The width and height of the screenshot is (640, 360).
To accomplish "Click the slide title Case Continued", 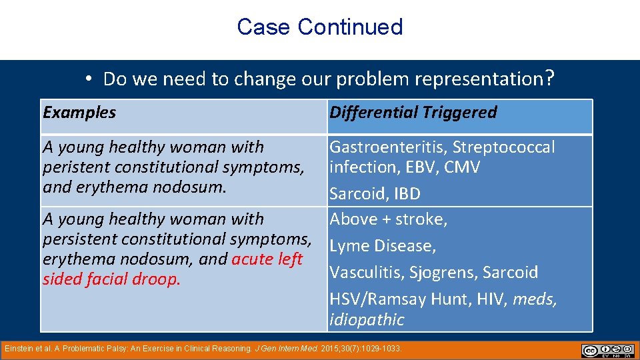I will coord(319,27).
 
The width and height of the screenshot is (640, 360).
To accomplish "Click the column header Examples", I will coord(79,112).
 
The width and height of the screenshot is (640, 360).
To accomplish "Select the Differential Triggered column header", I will coord(413,112).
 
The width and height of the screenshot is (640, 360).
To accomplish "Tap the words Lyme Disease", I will coord(383,246).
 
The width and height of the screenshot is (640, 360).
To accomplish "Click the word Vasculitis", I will coord(367,273).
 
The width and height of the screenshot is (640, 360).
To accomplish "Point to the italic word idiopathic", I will coord(367,319).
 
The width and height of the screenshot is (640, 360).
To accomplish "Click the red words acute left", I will coord(267,259).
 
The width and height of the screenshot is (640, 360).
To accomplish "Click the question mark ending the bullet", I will coord(549,79).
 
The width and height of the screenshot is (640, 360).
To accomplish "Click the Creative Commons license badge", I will coord(607,350).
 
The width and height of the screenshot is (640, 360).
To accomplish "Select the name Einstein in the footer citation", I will coord(18,348).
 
